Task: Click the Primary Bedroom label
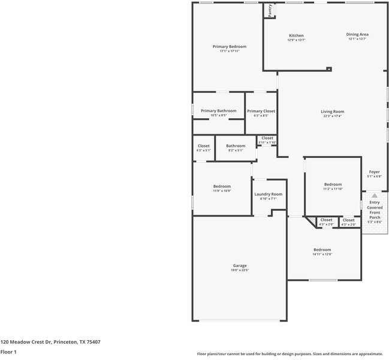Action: [x=229, y=46]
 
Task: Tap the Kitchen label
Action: [x=297, y=35]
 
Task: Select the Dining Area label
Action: [x=357, y=34]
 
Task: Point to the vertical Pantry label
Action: [x=270, y=10]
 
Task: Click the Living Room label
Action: [x=332, y=111]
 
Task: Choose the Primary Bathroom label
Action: [x=218, y=110]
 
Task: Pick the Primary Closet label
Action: [x=261, y=111]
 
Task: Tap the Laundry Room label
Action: [x=268, y=194]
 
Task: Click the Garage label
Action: [x=240, y=265]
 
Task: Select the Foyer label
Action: [x=374, y=172]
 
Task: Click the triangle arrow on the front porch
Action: [x=375, y=196]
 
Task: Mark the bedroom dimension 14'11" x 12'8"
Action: [x=322, y=254]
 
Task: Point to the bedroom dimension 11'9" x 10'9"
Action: [x=222, y=191]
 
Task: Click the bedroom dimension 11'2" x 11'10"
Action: [x=333, y=189]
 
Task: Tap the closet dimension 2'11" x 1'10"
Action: [x=267, y=142]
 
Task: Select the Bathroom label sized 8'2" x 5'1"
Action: [x=236, y=146]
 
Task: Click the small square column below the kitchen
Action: [x=328, y=69]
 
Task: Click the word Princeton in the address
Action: [x=65, y=342]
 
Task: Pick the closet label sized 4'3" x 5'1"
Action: [x=204, y=146]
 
